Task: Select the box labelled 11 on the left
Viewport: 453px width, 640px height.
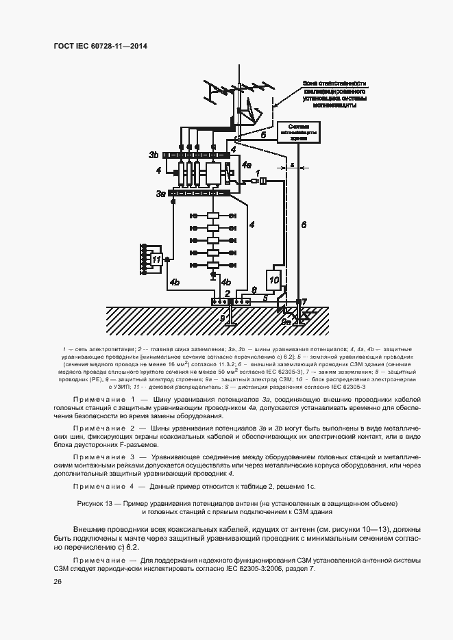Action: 157,259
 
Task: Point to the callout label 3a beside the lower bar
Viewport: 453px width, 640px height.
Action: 160,194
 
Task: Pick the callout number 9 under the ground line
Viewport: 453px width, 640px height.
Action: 222,318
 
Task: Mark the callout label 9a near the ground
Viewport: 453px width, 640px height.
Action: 286,319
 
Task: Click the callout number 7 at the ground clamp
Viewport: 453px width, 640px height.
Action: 305,301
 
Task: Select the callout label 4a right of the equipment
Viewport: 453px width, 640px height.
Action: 246,164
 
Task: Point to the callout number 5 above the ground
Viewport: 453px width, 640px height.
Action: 265,298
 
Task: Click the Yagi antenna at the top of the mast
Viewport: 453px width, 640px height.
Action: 219,90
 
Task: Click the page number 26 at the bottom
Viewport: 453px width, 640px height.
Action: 58,581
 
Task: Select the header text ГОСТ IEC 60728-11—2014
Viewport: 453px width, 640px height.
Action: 100,46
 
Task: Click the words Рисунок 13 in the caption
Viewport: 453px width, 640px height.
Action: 93,502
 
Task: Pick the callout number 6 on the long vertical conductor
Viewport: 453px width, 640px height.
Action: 304,224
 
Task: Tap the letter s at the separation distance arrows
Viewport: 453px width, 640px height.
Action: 292,165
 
